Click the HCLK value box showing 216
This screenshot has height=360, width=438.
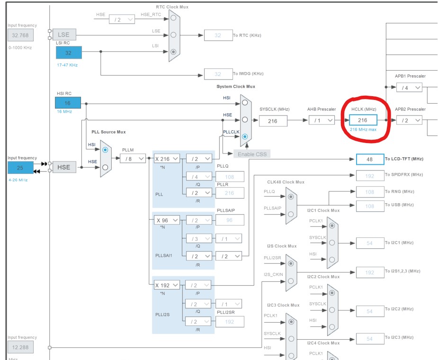point(363,120)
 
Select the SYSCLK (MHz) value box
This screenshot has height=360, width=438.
point(273,121)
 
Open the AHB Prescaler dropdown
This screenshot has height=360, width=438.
point(322,120)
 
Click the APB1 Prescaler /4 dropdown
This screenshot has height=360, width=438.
point(409,87)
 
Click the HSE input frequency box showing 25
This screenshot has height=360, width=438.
point(20,167)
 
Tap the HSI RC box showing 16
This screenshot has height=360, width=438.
point(68,103)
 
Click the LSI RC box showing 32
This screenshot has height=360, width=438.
point(69,53)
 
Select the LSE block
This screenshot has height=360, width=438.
point(64,35)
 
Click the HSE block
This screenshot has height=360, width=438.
point(64,167)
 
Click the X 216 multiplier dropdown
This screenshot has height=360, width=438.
point(167,159)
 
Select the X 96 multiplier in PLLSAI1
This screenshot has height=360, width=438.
point(167,220)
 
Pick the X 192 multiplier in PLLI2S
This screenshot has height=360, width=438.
point(167,285)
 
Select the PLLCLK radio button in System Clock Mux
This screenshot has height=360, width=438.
point(244,136)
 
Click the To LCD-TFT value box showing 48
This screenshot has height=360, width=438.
point(369,159)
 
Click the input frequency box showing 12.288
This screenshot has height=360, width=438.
point(20,347)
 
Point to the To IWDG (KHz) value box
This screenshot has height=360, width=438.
point(218,74)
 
